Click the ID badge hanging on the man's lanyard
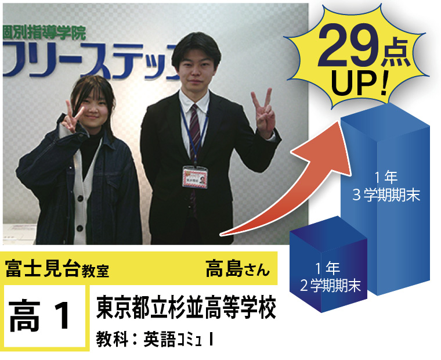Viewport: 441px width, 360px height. point(195,177)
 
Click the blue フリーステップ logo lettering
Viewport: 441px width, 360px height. point(91,60)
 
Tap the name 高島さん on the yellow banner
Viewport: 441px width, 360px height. point(238,269)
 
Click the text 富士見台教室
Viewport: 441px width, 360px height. point(57,269)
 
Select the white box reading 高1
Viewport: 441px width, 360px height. point(45,316)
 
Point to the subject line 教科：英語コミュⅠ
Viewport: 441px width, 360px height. point(155,339)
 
